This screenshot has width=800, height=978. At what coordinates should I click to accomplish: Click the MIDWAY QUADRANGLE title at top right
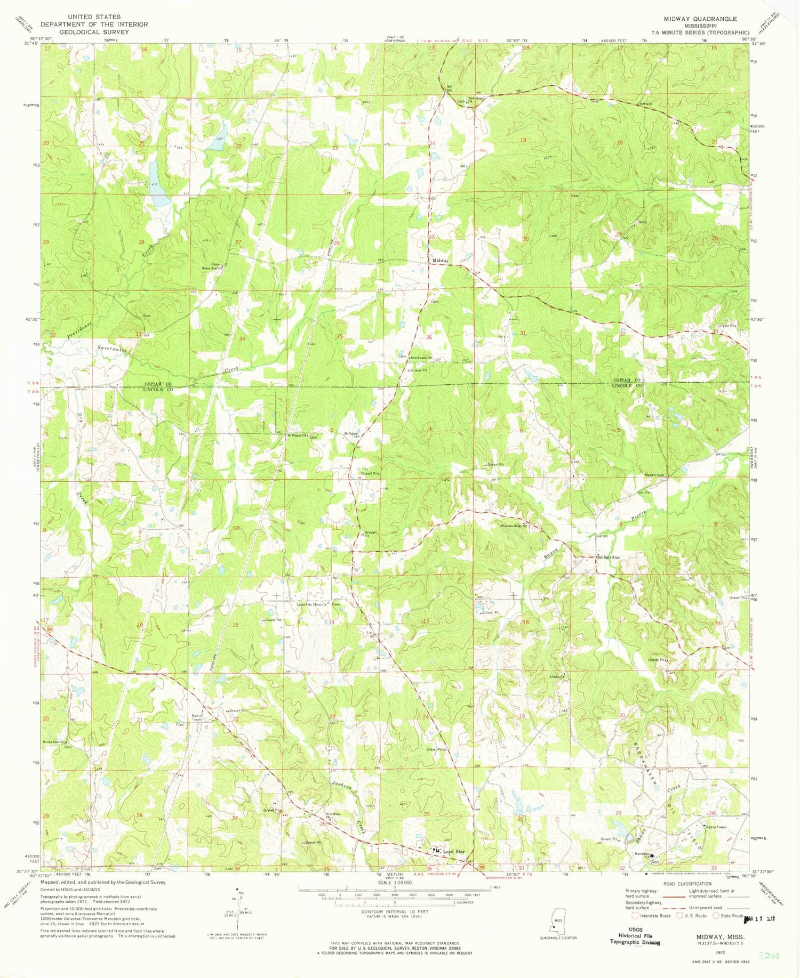coord(700,19)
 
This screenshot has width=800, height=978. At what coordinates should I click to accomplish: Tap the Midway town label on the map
coord(440,261)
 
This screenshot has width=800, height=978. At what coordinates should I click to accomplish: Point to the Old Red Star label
coord(607,557)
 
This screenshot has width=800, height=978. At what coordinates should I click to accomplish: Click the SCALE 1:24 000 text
coord(394,883)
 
